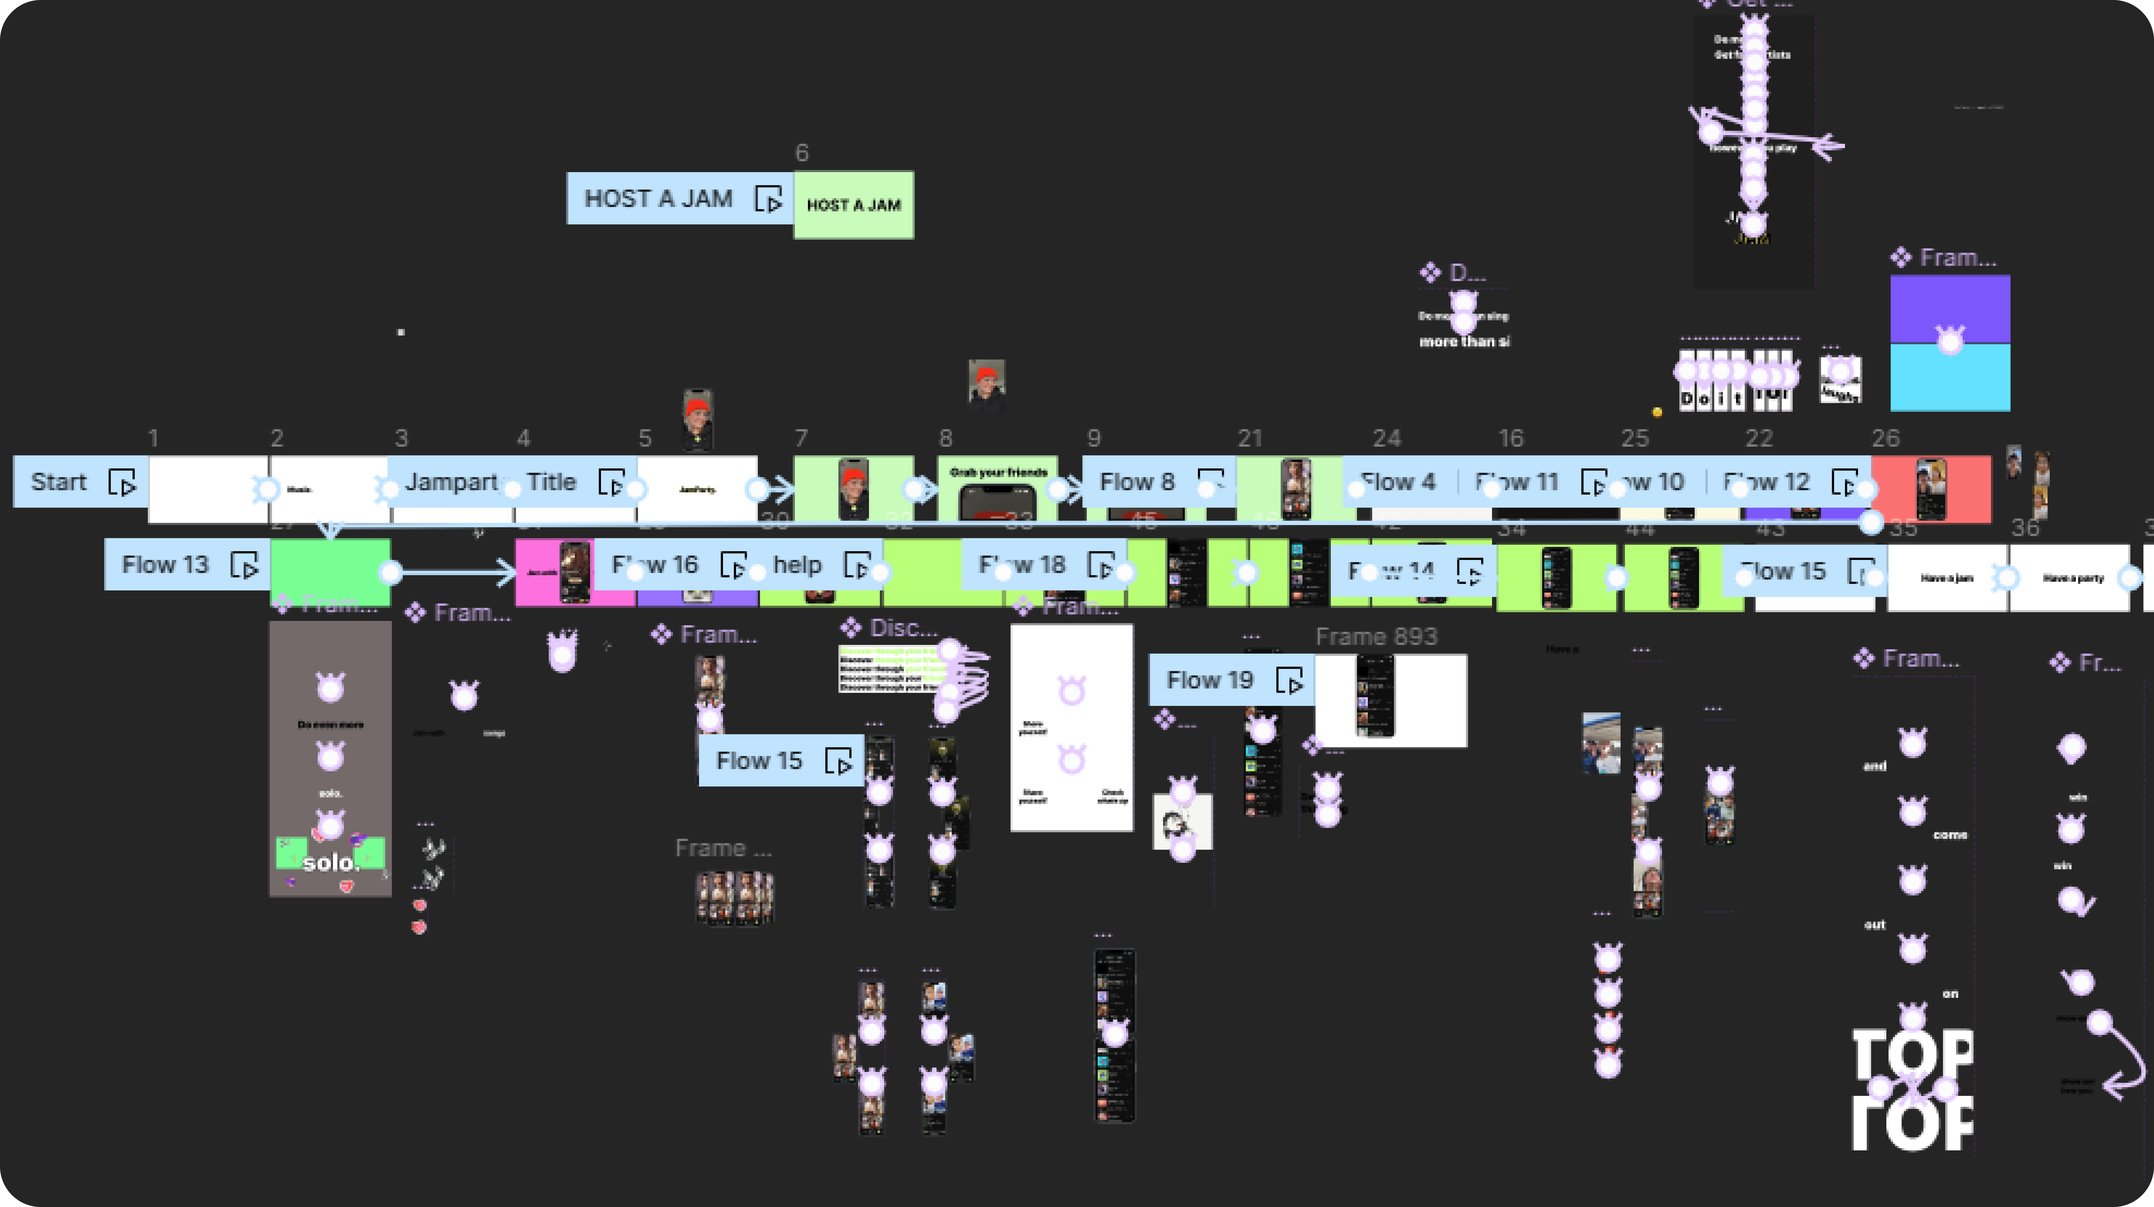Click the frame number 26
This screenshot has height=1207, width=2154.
point(1886,438)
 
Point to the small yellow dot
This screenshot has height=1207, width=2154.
point(1656,411)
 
